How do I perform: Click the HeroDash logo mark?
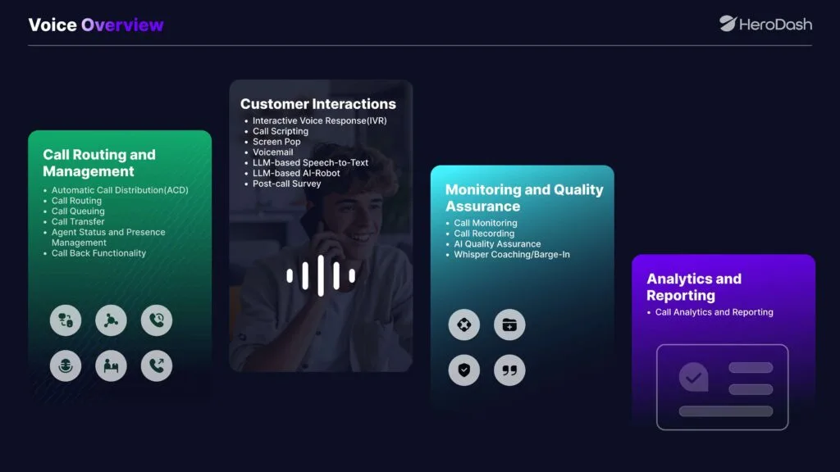pyautogui.click(x=727, y=24)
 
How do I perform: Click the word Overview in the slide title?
pyautogui.click(x=122, y=25)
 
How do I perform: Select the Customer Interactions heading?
pyautogui.click(x=318, y=104)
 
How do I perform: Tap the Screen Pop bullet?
pyautogui.click(x=276, y=142)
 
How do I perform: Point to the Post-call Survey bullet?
pyautogui.click(x=286, y=184)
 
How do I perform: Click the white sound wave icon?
pyautogui.click(x=321, y=275)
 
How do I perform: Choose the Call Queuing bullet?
pyautogui.click(x=78, y=211)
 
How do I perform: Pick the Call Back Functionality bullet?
pyautogui.click(x=98, y=253)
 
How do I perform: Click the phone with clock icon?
pyautogui.click(x=157, y=320)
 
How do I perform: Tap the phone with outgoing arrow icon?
pyautogui.click(x=157, y=365)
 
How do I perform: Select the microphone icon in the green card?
pyautogui.click(x=66, y=365)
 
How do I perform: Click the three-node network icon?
pyautogui.click(x=111, y=320)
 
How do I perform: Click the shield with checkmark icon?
pyautogui.click(x=464, y=370)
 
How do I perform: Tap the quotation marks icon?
pyautogui.click(x=509, y=370)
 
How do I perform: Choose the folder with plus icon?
pyautogui.click(x=509, y=324)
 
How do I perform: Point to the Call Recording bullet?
pyautogui.click(x=484, y=234)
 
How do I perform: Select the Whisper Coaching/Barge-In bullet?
pyautogui.click(x=512, y=254)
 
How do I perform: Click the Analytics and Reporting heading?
pyautogui.click(x=694, y=287)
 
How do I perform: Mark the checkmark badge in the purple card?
pyautogui.click(x=694, y=377)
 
